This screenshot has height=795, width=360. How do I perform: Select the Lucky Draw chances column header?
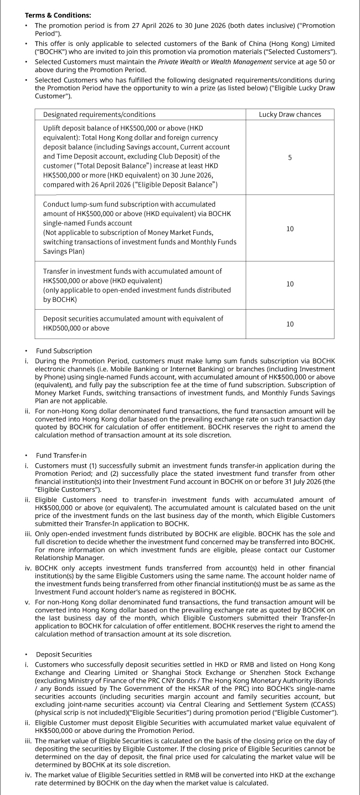pyautogui.click(x=290, y=114)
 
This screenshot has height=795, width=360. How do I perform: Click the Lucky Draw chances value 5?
pyautogui.click(x=290, y=158)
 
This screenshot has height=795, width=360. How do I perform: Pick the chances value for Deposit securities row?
pyautogui.click(x=290, y=324)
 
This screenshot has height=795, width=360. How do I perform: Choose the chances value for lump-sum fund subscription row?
pyautogui.click(x=290, y=228)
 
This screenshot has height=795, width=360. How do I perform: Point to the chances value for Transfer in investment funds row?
pyautogui.click(x=290, y=284)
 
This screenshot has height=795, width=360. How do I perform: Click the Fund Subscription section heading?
pyautogui.click(x=64, y=351)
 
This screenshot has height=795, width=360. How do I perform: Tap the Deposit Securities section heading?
pyautogui.click(x=64, y=654)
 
